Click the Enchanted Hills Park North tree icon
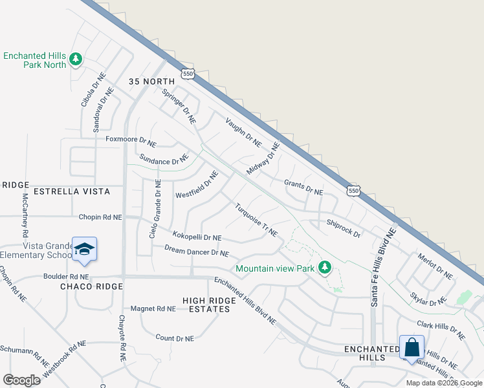(x=76, y=59)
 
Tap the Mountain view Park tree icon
(x=325, y=268)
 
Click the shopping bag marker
(x=412, y=348)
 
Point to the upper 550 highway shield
(x=188, y=74)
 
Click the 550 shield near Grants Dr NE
(x=353, y=191)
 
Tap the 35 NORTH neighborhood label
(x=152, y=81)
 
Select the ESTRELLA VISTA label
(x=69, y=191)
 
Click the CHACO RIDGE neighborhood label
(x=91, y=286)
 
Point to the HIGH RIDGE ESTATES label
(x=206, y=305)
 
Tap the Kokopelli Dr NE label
(x=197, y=238)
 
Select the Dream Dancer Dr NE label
(x=197, y=250)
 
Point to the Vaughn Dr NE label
(x=243, y=132)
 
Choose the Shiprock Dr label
(x=344, y=228)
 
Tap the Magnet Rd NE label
(x=153, y=309)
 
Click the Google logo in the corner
(x=21, y=380)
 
